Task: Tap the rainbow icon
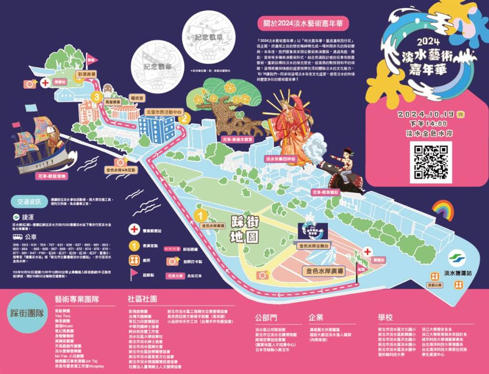pyautogui.click(x=443, y=210)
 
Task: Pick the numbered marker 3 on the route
pyautogui.click(x=97, y=98)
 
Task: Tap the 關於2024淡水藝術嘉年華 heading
pyautogui.click(x=303, y=23)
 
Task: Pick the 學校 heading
pyautogui.click(x=385, y=317)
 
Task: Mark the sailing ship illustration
pyautogui.click(x=41, y=143)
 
